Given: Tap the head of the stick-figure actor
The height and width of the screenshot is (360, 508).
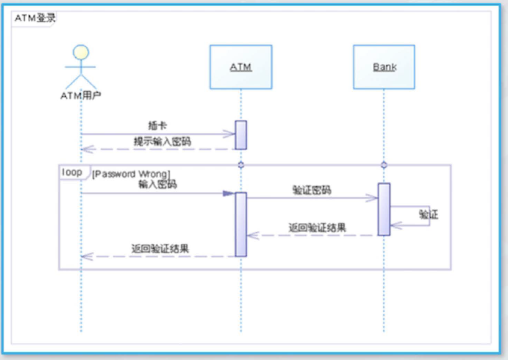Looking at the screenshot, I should click(81, 52).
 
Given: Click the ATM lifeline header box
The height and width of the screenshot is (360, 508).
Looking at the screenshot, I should click(241, 66).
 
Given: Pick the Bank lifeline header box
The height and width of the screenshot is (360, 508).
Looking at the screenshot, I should click(384, 66).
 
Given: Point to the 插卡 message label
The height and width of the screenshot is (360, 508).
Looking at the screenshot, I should click(158, 125).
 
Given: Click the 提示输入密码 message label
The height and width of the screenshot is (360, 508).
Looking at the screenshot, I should click(162, 141).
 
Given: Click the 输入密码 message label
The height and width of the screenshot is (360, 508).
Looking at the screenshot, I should click(158, 184).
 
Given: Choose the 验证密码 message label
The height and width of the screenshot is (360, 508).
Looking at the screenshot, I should click(312, 190).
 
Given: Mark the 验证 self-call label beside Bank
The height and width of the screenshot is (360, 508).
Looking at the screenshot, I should click(429, 215).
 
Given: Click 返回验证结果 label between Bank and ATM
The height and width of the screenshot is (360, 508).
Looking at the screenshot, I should click(317, 227).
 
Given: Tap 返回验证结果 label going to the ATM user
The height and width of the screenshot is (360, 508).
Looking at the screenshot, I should click(160, 248).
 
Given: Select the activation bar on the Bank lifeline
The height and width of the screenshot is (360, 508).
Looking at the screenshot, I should click(384, 209).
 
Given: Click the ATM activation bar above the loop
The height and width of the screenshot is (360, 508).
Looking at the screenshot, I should click(241, 135).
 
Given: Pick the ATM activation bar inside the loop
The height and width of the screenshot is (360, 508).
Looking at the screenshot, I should click(241, 224).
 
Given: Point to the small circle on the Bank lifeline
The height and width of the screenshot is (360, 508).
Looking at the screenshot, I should click(384, 165).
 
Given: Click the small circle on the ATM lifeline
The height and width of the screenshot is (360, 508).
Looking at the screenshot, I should click(241, 165).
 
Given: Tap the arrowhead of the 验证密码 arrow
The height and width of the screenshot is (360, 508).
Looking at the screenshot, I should click(374, 198).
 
